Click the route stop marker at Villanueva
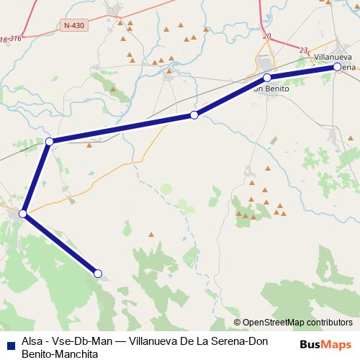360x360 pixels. pyautogui.click(x=337, y=67)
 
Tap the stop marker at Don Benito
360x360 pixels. pyautogui.click(x=266, y=77)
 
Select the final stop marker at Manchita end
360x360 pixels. pyautogui.click(x=98, y=273)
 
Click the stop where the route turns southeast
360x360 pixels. pyautogui.click(x=23, y=214)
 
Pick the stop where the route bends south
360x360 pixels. pyautogui.click(x=49, y=142)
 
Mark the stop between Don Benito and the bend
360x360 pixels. pyautogui.click(x=194, y=115)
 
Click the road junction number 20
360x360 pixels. pyautogui.click(x=267, y=35)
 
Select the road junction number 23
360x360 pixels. pyautogui.click(x=304, y=50)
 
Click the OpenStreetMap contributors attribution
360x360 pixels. pyautogui.click(x=293, y=323)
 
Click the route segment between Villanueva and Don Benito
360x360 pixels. pyautogui.click(x=302, y=72)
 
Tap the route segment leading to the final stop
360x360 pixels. pyautogui.click(x=60, y=243)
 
